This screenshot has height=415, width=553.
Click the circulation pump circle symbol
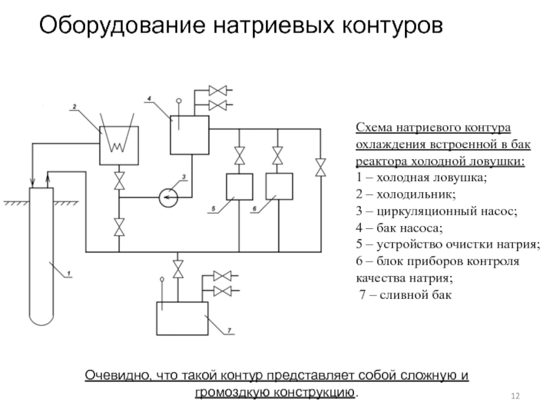tap(168, 197)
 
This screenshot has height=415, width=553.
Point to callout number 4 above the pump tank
tap(149, 99)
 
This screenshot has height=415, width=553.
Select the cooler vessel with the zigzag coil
tap(118, 145)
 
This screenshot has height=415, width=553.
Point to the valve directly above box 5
tap(239, 155)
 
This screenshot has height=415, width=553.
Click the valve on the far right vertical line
tap(320, 167)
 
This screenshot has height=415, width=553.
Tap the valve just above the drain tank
tap(179, 268)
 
